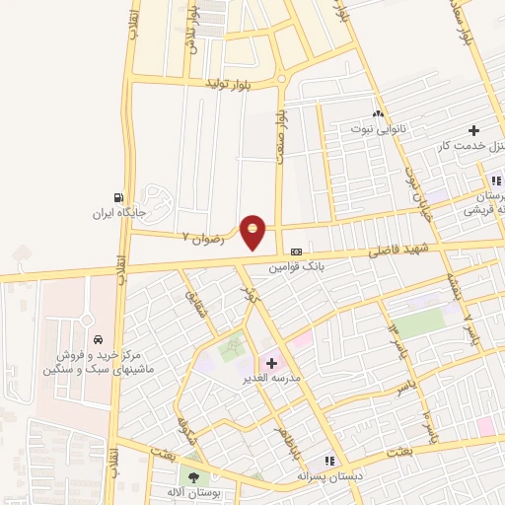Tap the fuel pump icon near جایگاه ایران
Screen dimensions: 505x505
[x=119, y=197]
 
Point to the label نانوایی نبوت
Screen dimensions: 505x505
[x=378, y=128]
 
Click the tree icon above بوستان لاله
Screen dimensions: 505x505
[x=193, y=477]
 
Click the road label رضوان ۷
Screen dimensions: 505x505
[x=203, y=238]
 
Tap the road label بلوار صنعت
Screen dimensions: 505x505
[x=281, y=129]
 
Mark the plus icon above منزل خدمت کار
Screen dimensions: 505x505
[x=474, y=130]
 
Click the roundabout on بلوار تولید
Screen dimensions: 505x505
[x=281, y=78]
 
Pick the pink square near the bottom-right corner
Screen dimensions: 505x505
[x=485, y=425]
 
